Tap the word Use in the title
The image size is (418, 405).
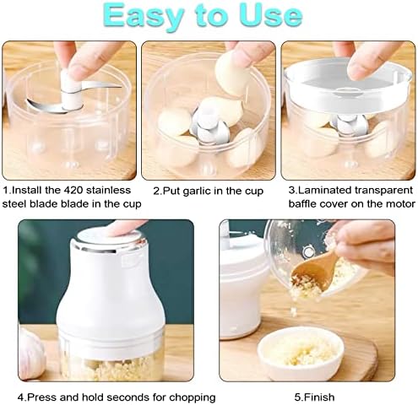tap(271, 15)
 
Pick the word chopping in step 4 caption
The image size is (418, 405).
tap(192, 397)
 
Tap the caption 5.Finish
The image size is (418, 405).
tap(314, 397)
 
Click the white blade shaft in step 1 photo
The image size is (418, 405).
tap(71, 90)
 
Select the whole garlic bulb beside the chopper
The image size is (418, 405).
tap(31, 353)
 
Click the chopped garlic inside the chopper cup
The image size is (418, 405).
tap(110, 368)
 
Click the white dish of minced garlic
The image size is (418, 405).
tap(301, 354)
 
